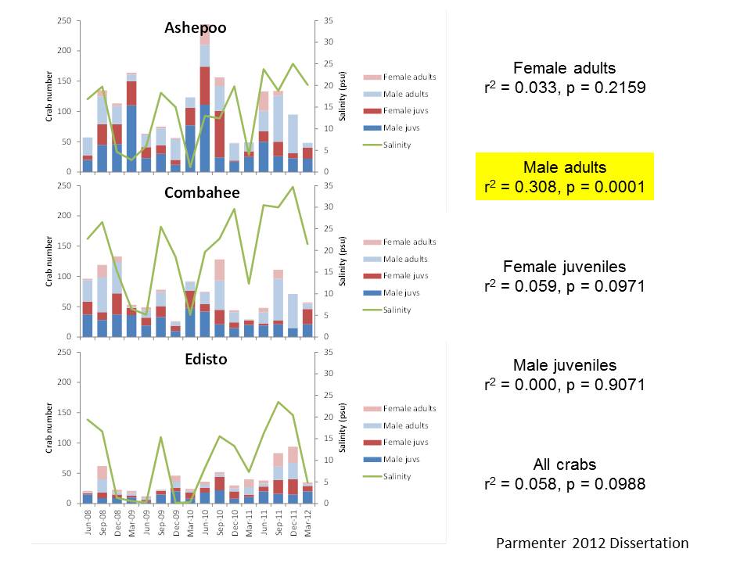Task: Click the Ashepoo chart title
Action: click(x=196, y=28)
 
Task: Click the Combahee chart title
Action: click(x=202, y=192)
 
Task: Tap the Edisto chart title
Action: click(x=206, y=359)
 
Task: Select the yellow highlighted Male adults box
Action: click(x=565, y=176)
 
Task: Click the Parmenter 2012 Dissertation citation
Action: click(x=592, y=543)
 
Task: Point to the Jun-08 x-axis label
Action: click(x=88, y=522)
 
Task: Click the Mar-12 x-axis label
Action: click(x=308, y=522)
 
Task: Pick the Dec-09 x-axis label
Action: click(x=176, y=522)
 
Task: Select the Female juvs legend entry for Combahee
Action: click(x=396, y=276)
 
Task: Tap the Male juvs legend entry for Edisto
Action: click(x=392, y=459)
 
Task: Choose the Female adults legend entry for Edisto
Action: click(x=400, y=408)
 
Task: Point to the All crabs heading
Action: click(x=565, y=464)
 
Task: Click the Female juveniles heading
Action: click(x=565, y=267)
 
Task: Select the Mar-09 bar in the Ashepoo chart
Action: click(x=131, y=122)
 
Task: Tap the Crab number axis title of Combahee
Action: click(x=49, y=261)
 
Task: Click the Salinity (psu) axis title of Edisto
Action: click(x=342, y=428)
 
